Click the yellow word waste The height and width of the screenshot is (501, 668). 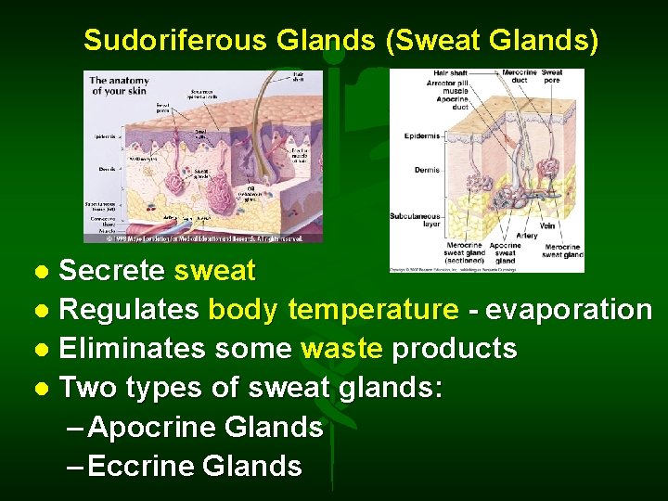(342, 349)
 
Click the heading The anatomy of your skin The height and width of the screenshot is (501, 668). (119, 85)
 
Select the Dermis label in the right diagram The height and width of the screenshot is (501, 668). (427, 171)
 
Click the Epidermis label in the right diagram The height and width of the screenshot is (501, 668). (422, 136)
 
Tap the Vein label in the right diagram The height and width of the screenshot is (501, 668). (546, 225)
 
